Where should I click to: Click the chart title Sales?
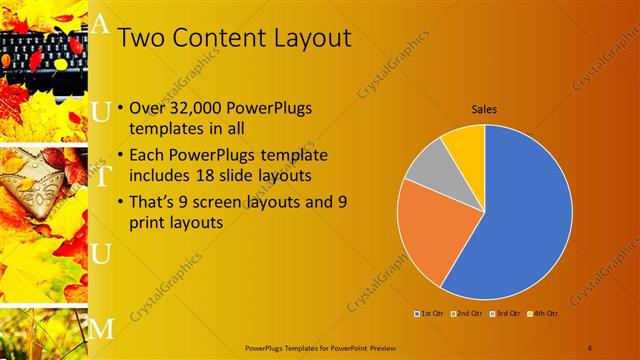(x=485, y=110)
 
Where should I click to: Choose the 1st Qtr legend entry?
(x=430, y=314)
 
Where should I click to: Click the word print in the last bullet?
(x=150, y=223)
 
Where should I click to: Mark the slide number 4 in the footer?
(x=591, y=347)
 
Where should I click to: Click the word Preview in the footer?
(x=380, y=347)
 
